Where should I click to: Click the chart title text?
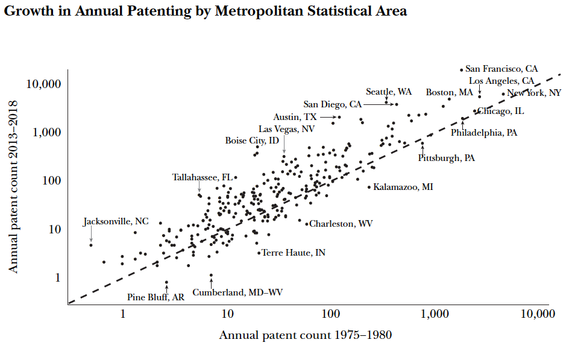(205, 11)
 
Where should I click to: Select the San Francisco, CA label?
(501, 69)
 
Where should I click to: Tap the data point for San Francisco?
(462, 70)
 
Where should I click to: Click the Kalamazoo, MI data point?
(369, 187)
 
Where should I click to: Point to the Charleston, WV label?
(341, 224)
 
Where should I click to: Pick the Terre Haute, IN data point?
(259, 253)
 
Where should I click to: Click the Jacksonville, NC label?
(116, 221)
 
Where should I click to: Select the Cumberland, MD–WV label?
(237, 292)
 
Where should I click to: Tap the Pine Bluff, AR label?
(156, 297)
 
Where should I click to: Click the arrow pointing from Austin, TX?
(328, 117)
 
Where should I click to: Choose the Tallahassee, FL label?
(203, 177)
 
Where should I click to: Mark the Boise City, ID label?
(252, 141)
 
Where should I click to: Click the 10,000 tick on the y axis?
(43, 84)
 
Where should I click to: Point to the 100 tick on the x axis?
(331, 314)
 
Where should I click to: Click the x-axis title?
(306, 335)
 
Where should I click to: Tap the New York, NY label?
(534, 93)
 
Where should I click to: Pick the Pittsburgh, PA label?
(447, 158)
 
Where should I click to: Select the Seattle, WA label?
(389, 92)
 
